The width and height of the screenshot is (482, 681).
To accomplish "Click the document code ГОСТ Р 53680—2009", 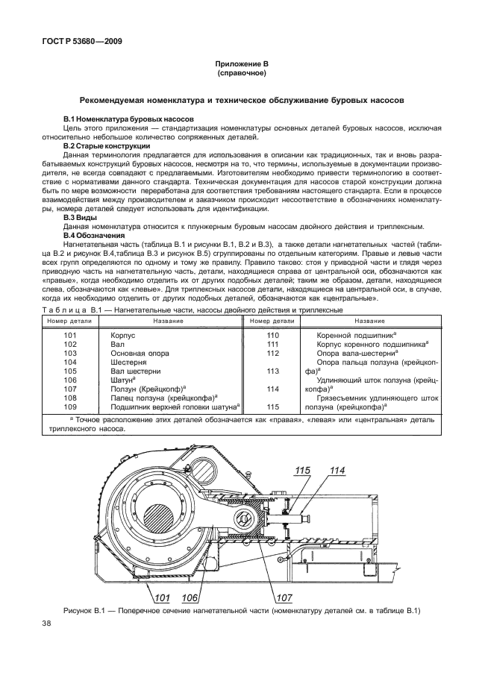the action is coord(82,42).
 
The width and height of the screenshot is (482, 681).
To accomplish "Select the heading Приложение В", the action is coord(242,64).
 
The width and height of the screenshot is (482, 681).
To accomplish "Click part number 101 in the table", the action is coord(70,336).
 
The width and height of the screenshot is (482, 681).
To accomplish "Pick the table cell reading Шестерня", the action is coord(128,363).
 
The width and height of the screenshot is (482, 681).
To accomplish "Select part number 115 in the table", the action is coord(273,407).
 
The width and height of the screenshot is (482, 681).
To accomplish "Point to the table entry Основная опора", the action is coord(140,354).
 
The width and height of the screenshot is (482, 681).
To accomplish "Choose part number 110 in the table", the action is coord(273,336).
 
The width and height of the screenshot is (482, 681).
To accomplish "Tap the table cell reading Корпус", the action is coord(123,336).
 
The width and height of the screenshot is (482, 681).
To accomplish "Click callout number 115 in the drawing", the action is coord(302,471).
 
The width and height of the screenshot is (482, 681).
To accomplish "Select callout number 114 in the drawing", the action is coord(337,471).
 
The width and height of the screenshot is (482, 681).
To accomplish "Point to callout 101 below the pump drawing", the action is coord(162,598).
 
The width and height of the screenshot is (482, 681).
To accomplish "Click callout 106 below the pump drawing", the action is coord(190,598).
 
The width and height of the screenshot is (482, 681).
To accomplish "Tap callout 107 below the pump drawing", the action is coord(284,598).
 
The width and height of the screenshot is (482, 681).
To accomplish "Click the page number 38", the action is coord(46,624).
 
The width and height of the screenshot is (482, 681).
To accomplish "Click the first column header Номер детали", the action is coord(70,321).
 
